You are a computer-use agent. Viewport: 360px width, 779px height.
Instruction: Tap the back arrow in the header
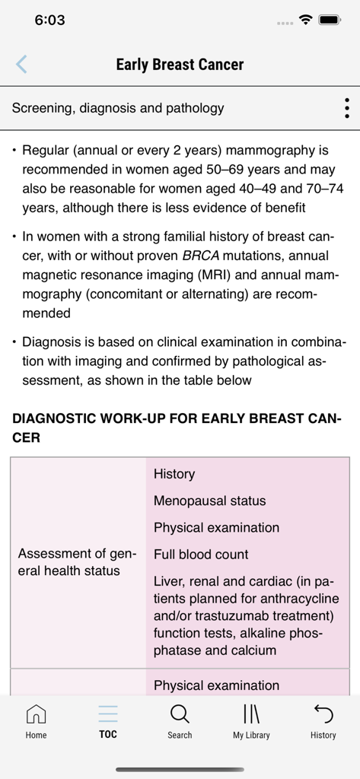click(21, 65)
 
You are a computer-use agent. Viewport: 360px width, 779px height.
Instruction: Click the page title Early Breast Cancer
click(180, 65)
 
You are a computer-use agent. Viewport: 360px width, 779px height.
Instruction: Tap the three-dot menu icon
click(346, 108)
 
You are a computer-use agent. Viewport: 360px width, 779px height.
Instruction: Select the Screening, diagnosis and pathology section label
click(118, 108)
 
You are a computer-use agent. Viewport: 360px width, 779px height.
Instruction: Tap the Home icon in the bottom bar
click(36, 721)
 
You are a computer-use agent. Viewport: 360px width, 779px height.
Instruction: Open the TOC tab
click(108, 721)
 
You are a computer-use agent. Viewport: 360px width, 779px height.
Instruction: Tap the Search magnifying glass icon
click(180, 721)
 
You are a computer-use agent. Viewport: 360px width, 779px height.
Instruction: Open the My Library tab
click(251, 721)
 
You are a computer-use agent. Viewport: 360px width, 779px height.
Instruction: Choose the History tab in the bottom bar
click(323, 721)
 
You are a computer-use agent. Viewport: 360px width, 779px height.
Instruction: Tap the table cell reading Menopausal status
click(209, 501)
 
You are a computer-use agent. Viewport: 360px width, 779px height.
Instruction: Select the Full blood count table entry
click(201, 555)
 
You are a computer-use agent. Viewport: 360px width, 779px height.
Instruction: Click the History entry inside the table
click(174, 474)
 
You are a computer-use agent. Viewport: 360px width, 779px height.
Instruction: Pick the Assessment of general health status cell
click(78, 562)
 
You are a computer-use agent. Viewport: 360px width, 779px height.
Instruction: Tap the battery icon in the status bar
click(330, 21)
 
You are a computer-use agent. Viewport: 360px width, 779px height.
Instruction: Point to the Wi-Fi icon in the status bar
click(306, 21)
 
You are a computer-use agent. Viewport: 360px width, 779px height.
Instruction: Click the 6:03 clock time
click(49, 21)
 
